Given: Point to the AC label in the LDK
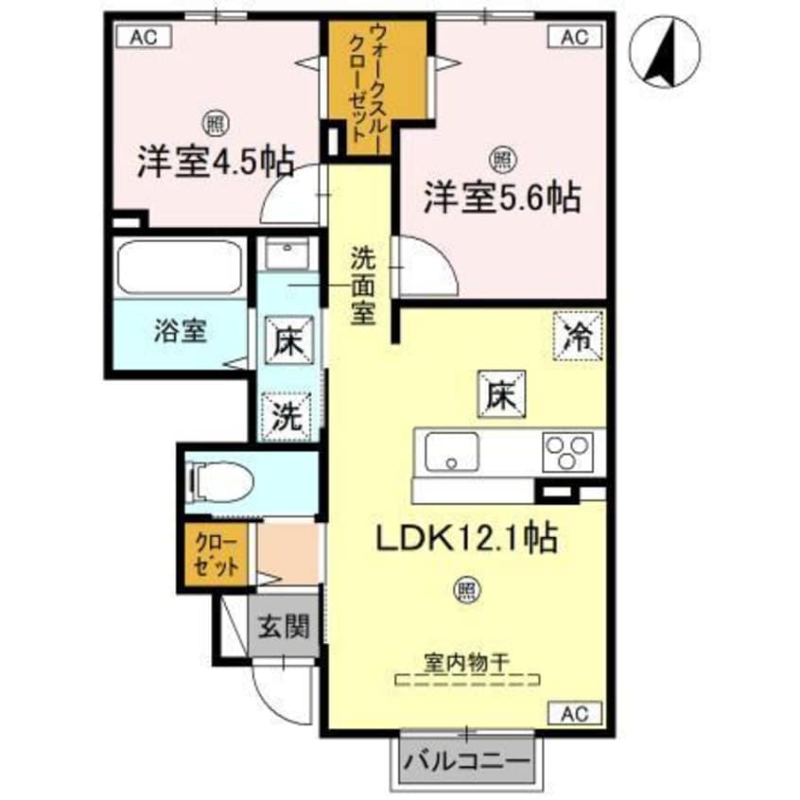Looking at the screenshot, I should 574,712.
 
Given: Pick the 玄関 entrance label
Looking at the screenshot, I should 283,626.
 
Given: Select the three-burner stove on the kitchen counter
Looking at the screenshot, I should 566,452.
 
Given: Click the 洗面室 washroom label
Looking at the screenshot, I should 361,284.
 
